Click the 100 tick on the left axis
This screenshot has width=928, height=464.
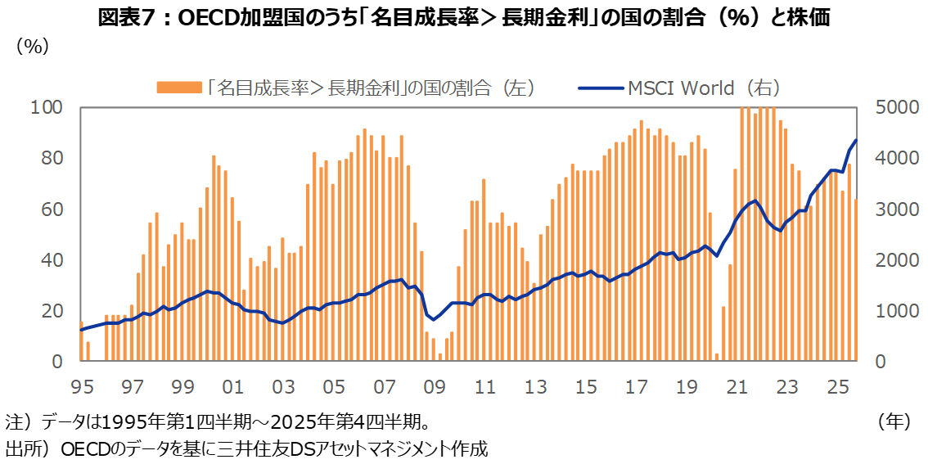tap(47, 107)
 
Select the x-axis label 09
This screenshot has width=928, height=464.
tap(435, 386)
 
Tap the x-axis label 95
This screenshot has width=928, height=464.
tap(83, 386)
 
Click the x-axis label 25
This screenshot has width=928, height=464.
tap(837, 386)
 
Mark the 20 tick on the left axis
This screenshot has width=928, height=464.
tap(52, 311)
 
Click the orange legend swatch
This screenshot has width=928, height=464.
tap(178, 88)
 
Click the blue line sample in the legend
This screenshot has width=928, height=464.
tap(600, 88)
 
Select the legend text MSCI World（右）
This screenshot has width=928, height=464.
tap(705, 88)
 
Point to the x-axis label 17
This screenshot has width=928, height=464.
tap(636, 386)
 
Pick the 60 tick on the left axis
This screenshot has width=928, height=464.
tap(52, 209)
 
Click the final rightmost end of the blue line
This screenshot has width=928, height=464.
tap(856, 140)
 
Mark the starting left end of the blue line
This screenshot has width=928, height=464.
tap(81, 330)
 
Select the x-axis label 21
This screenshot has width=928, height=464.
tap(737, 386)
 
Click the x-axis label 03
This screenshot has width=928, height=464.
tap(283, 386)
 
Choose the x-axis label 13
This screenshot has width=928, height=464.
tap(535, 386)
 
